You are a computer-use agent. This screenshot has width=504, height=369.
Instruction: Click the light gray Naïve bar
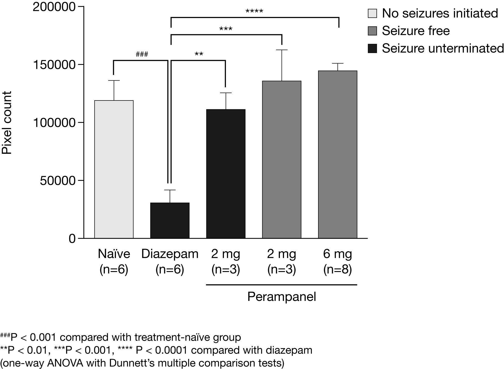tap(114, 169)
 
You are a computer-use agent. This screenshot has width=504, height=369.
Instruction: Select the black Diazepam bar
tap(170, 220)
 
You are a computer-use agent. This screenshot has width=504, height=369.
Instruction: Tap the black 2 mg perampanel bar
tap(226, 174)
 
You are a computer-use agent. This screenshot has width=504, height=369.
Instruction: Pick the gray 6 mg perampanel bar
tap(337, 154)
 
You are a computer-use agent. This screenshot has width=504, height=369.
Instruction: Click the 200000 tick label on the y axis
tap(54, 7)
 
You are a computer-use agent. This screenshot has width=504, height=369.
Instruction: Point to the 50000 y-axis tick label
tap(58, 181)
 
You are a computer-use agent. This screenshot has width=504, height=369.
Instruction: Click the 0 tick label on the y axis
tap(72, 239)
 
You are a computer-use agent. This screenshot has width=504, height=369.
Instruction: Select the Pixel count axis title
tap(7, 123)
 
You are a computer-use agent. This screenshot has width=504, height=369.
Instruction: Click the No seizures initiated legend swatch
tap(372, 13)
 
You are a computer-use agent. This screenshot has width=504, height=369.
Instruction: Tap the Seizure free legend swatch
tap(372, 31)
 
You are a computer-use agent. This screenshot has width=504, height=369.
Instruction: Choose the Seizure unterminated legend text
tap(443, 48)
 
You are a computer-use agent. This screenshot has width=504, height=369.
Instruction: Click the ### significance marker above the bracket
tap(142, 54)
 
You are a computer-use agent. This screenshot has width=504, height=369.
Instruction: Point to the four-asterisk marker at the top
tap(254, 12)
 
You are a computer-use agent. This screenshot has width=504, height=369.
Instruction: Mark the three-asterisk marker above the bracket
tap(226, 29)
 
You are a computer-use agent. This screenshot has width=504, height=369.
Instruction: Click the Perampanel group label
tap(281, 297)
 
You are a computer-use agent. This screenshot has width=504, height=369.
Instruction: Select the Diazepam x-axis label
tap(170, 254)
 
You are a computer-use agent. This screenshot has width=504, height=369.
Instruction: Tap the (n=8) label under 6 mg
tap(337, 270)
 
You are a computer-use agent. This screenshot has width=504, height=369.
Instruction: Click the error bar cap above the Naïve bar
tap(114, 81)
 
